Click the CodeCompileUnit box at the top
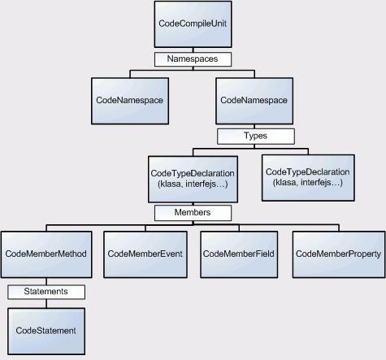click(193, 24)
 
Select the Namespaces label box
click(193, 59)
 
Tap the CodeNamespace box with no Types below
click(130, 101)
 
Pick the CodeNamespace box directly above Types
click(254, 101)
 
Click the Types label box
click(256, 137)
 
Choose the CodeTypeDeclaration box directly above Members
click(193, 179)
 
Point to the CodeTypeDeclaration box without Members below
click(308, 178)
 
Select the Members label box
click(193, 213)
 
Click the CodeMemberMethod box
click(46, 254)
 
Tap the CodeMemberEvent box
click(145, 254)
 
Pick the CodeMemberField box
click(239, 254)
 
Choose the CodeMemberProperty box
click(339, 254)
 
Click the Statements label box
click(46, 292)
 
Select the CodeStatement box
click(46, 332)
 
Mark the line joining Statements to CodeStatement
click(46, 304)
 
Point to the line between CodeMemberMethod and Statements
click(46, 281)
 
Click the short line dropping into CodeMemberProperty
click(339, 228)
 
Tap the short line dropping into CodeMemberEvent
click(145, 228)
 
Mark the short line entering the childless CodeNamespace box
click(130, 74)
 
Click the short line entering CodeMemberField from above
click(239, 228)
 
